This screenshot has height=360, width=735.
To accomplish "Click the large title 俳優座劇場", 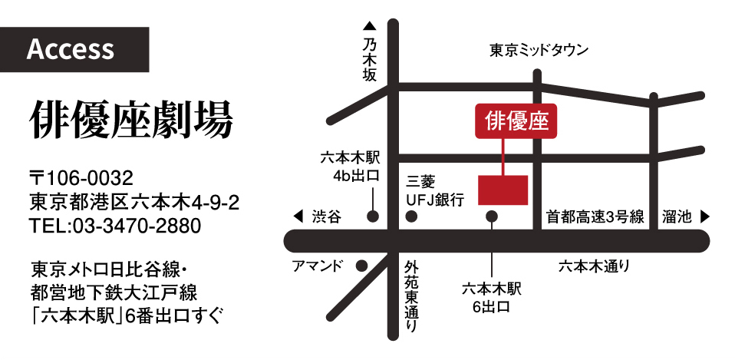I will click(131, 119).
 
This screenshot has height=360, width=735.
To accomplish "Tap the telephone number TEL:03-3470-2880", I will click(115, 226).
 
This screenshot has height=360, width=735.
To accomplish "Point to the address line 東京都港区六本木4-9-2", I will click(134, 203).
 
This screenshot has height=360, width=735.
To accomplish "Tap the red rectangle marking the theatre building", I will click(503, 190).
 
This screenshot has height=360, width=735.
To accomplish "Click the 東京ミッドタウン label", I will click(539, 51).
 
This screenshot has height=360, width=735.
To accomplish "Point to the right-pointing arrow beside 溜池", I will click(704, 217).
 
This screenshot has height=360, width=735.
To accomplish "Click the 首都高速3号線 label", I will click(595, 217).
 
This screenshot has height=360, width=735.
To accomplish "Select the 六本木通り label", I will click(594, 266).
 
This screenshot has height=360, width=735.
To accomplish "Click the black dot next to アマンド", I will click(361, 266).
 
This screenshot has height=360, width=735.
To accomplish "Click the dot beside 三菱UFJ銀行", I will click(412, 217).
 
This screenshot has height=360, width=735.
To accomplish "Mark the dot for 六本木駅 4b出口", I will click(372, 216).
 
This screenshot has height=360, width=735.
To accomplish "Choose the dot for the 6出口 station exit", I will click(493, 217).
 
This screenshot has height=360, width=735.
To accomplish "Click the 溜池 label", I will click(677, 217).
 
